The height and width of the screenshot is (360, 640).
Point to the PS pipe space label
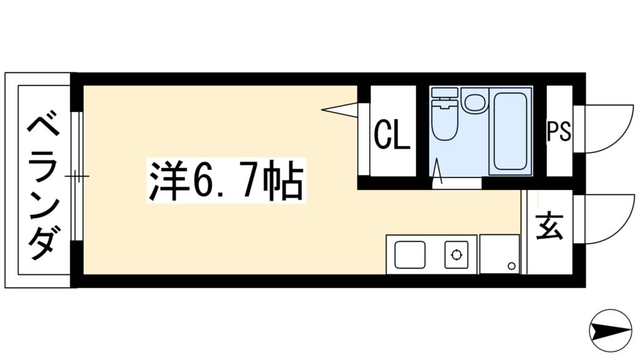click(559, 132)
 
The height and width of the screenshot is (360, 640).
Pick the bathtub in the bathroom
click(511, 131)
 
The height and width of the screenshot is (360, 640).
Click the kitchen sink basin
click(410, 254)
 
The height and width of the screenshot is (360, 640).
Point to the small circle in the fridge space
click(511, 266)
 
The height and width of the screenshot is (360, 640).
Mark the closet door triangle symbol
click(341, 109)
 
